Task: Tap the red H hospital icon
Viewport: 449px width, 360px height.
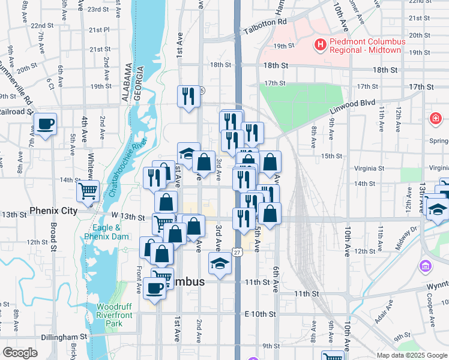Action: [321, 44]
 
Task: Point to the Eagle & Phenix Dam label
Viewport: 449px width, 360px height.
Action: [107, 232]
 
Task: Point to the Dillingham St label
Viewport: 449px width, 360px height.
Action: [65, 337]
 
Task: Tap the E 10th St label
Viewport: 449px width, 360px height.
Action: [259, 314]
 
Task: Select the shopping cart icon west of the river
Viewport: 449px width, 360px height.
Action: [88, 191]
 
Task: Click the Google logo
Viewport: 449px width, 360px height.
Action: [20, 353]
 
